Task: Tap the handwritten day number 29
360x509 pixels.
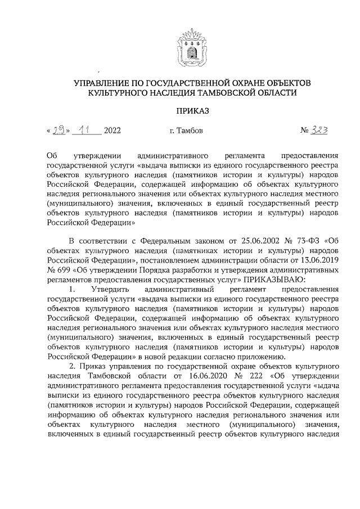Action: (x=58, y=130)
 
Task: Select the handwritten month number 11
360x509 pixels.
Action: (x=86, y=130)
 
